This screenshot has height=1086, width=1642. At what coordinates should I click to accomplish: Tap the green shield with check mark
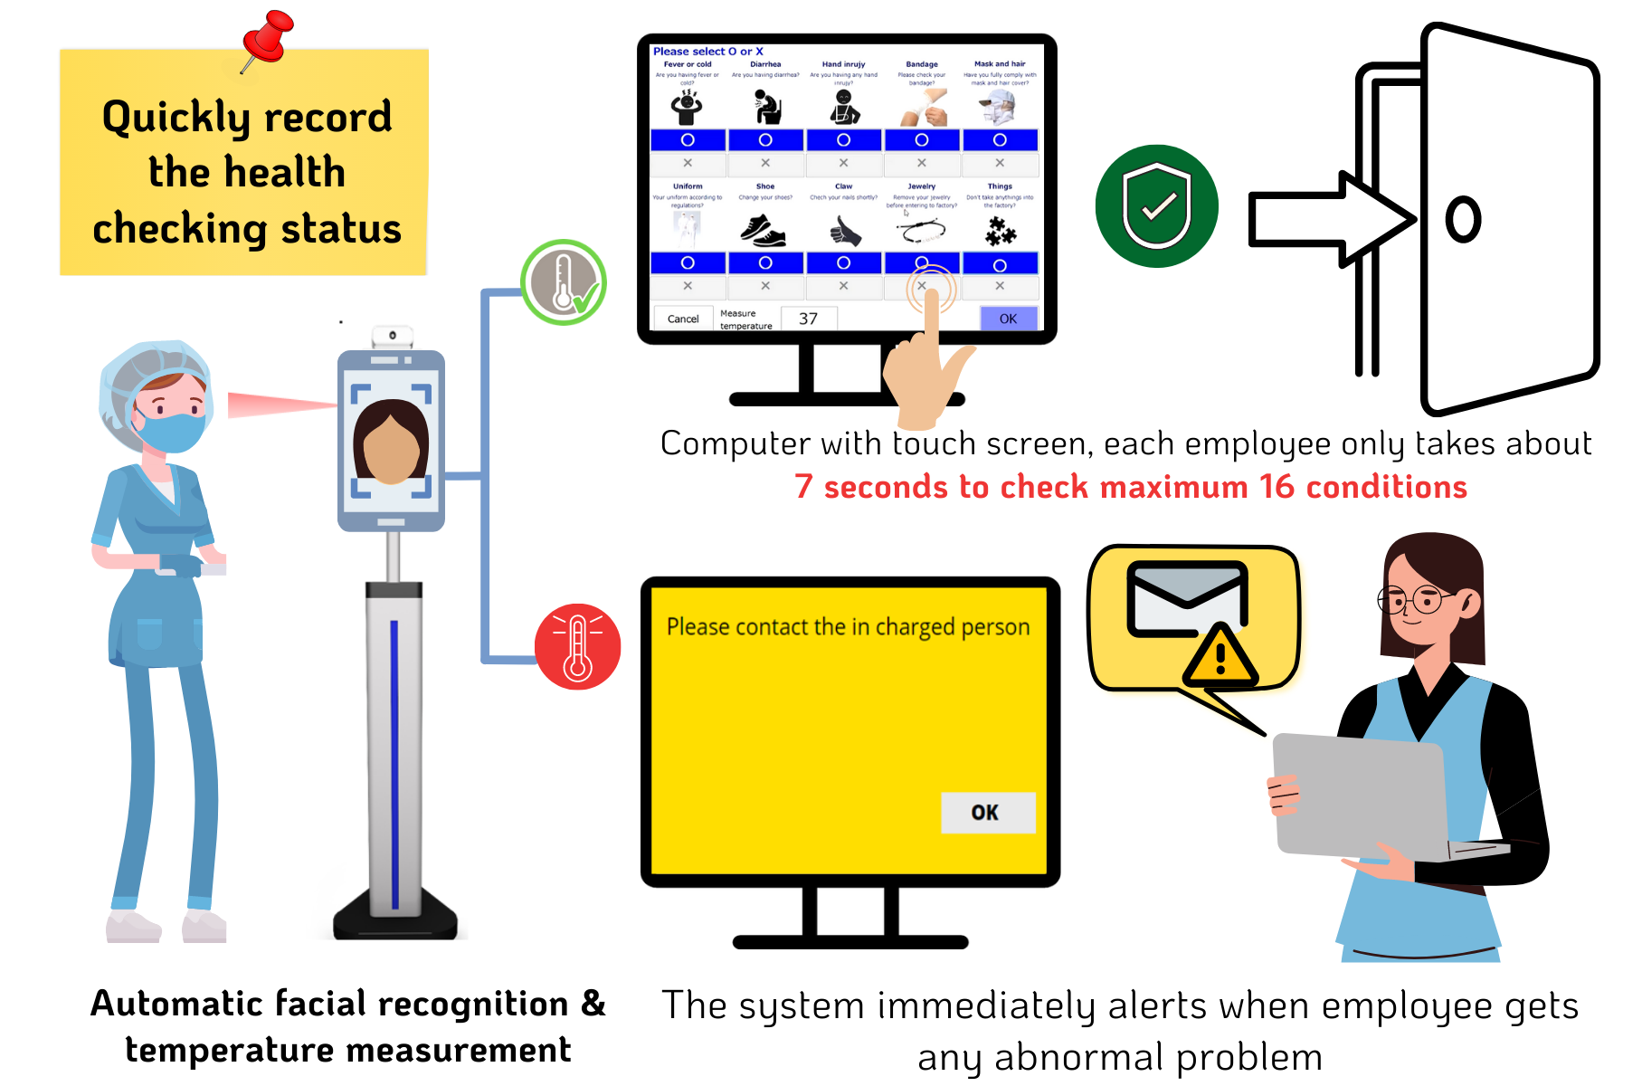[1156, 206]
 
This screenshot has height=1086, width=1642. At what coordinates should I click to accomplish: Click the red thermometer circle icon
[577, 646]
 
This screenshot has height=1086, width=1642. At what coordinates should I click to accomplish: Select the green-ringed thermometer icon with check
[564, 282]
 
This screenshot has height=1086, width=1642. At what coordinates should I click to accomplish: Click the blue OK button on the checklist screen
[1008, 319]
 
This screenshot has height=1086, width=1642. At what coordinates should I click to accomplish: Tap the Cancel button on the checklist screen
[683, 319]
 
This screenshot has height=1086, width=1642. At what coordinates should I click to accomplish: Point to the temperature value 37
[808, 319]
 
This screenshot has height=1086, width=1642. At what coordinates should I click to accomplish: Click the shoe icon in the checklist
[764, 231]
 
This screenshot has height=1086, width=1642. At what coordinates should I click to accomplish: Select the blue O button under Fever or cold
[688, 140]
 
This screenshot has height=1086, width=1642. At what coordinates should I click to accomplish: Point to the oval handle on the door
[1463, 219]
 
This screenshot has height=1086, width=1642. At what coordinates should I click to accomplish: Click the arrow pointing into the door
[1330, 219]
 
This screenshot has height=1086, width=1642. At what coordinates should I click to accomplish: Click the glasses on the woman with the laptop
[1412, 599]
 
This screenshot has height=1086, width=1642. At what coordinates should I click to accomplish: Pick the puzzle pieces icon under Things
[1000, 233]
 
